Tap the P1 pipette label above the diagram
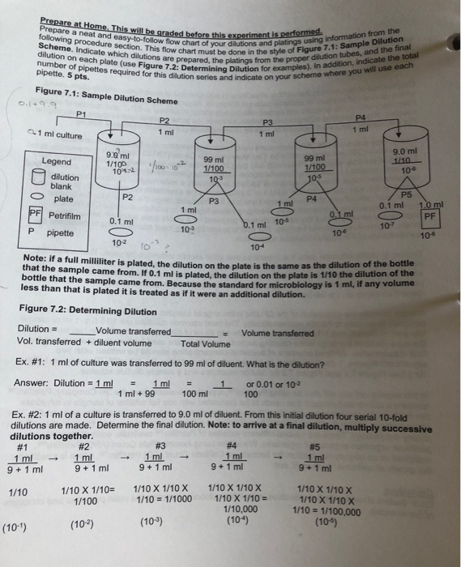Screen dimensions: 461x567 click(x=81, y=113)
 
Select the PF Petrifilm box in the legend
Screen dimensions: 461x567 click(x=35, y=215)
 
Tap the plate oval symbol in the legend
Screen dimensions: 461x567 click(x=33, y=198)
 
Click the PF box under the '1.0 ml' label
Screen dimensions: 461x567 click(x=429, y=216)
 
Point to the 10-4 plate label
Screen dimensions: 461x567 click(x=257, y=246)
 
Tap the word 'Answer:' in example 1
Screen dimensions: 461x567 click(x=36, y=383)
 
